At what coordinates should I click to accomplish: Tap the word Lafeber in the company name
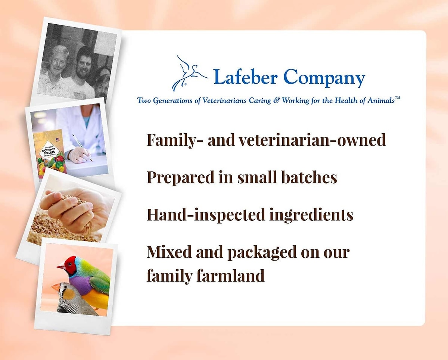click(246, 77)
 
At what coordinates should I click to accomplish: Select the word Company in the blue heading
click(324, 78)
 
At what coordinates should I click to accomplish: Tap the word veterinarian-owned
click(312, 140)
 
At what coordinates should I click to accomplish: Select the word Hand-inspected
click(206, 215)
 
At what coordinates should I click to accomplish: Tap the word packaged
click(262, 252)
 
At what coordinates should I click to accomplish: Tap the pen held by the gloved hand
click(82, 148)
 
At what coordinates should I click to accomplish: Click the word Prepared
click(180, 178)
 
